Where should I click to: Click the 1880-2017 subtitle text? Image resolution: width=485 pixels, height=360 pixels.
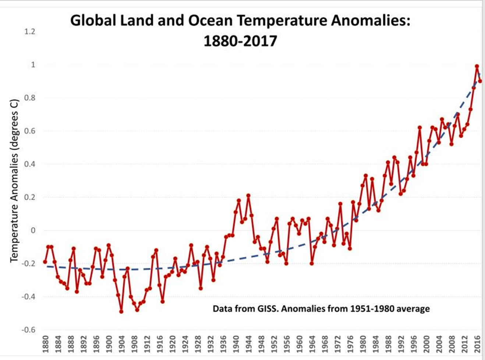point(240,41)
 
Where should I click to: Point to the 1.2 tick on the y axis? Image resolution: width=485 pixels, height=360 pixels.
point(30,32)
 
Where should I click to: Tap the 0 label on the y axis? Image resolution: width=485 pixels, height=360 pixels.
point(33,231)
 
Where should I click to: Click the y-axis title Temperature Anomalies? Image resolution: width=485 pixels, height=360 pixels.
point(14,180)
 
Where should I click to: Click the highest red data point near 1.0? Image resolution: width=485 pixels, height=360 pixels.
point(477,66)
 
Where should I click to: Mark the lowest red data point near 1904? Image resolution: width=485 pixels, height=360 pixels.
point(121,311)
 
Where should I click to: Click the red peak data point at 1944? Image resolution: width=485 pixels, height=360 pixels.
point(248,196)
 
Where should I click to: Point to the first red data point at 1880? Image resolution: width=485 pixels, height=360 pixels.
point(45,262)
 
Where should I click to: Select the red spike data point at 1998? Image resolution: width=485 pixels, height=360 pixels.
point(419,128)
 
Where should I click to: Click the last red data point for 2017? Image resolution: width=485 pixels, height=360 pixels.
point(480,81)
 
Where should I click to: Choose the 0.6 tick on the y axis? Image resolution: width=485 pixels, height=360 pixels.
point(30,131)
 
